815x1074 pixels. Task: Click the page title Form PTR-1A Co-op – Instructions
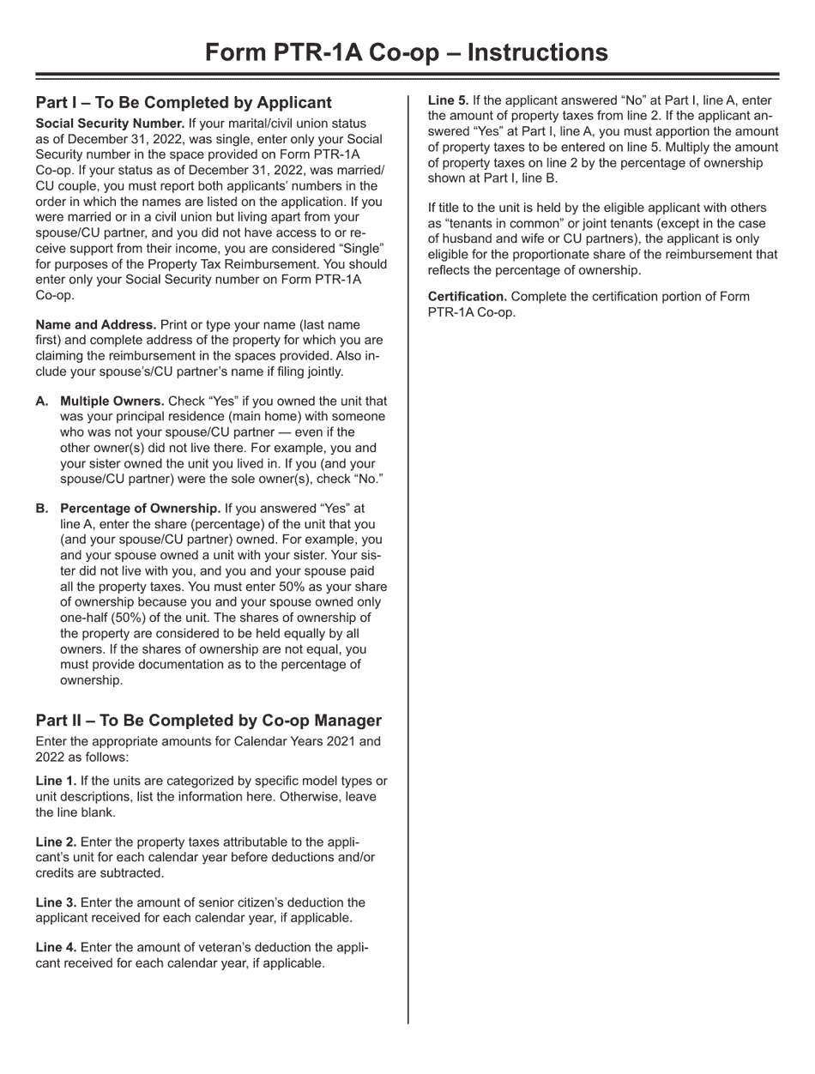coord(407,53)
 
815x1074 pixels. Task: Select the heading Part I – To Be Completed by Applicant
coord(184,103)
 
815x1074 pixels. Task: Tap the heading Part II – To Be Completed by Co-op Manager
coord(208,721)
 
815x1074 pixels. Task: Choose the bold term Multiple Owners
coord(112,401)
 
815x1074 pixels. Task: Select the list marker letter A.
coord(41,401)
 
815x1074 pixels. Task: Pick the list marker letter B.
coord(41,509)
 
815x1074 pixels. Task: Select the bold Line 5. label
coord(448,100)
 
